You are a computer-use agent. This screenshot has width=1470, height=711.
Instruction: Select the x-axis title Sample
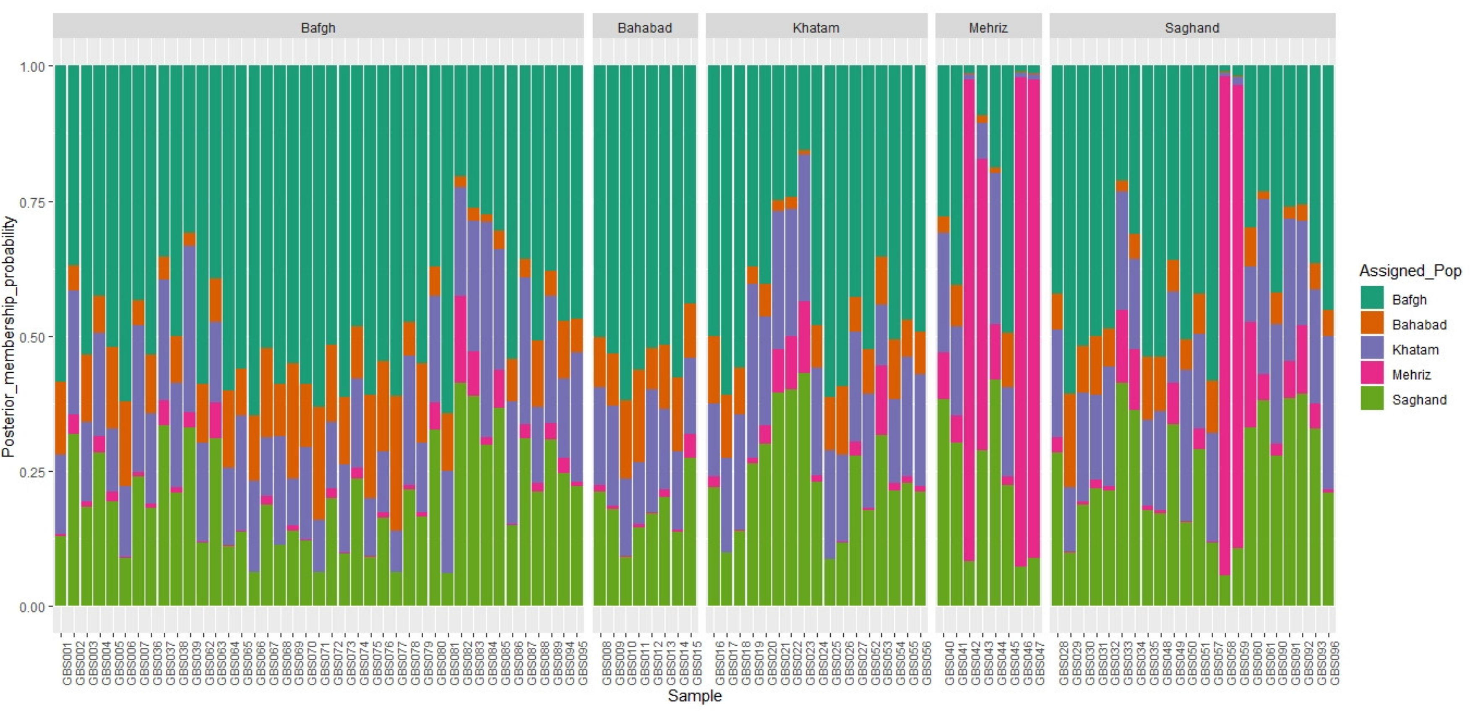pyautogui.click(x=694, y=695)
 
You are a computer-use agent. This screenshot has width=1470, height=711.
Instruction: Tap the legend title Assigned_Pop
pyautogui.click(x=1410, y=270)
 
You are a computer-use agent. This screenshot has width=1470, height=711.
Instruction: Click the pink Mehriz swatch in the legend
pyautogui.click(x=1372, y=374)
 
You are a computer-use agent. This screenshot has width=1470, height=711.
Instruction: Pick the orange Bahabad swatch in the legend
pyautogui.click(x=1372, y=324)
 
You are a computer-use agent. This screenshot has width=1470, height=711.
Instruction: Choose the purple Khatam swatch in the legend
pyautogui.click(x=1372, y=349)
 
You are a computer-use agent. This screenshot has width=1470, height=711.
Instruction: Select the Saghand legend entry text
pyautogui.click(x=1419, y=400)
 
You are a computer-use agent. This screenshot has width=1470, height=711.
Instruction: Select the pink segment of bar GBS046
pyautogui.click(x=1020, y=319)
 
